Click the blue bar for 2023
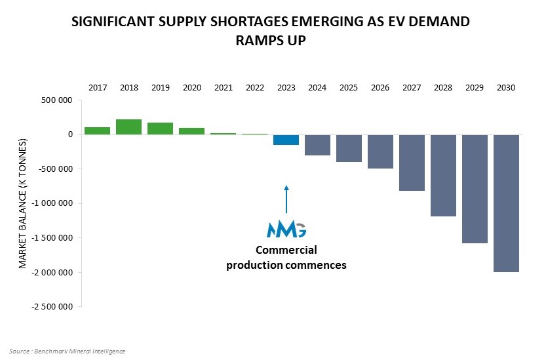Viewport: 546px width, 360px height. tap(286, 140)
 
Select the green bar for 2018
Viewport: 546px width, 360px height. tap(129, 127)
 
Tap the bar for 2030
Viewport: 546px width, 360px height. tap(506, 203)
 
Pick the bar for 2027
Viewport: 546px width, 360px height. tap(412, 163)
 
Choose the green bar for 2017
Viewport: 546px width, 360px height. tap(98, 130)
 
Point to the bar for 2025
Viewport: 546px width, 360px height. tap(349, 148)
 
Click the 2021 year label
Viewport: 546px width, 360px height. tap(224, 87)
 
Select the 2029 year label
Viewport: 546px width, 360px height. tap(475, 87)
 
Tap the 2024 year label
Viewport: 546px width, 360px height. tap(317, 87)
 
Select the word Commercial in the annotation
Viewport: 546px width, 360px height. tap(286, 250)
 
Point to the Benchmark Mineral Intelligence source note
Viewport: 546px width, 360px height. tap(68, 351)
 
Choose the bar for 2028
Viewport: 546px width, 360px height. tap(443, 175)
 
